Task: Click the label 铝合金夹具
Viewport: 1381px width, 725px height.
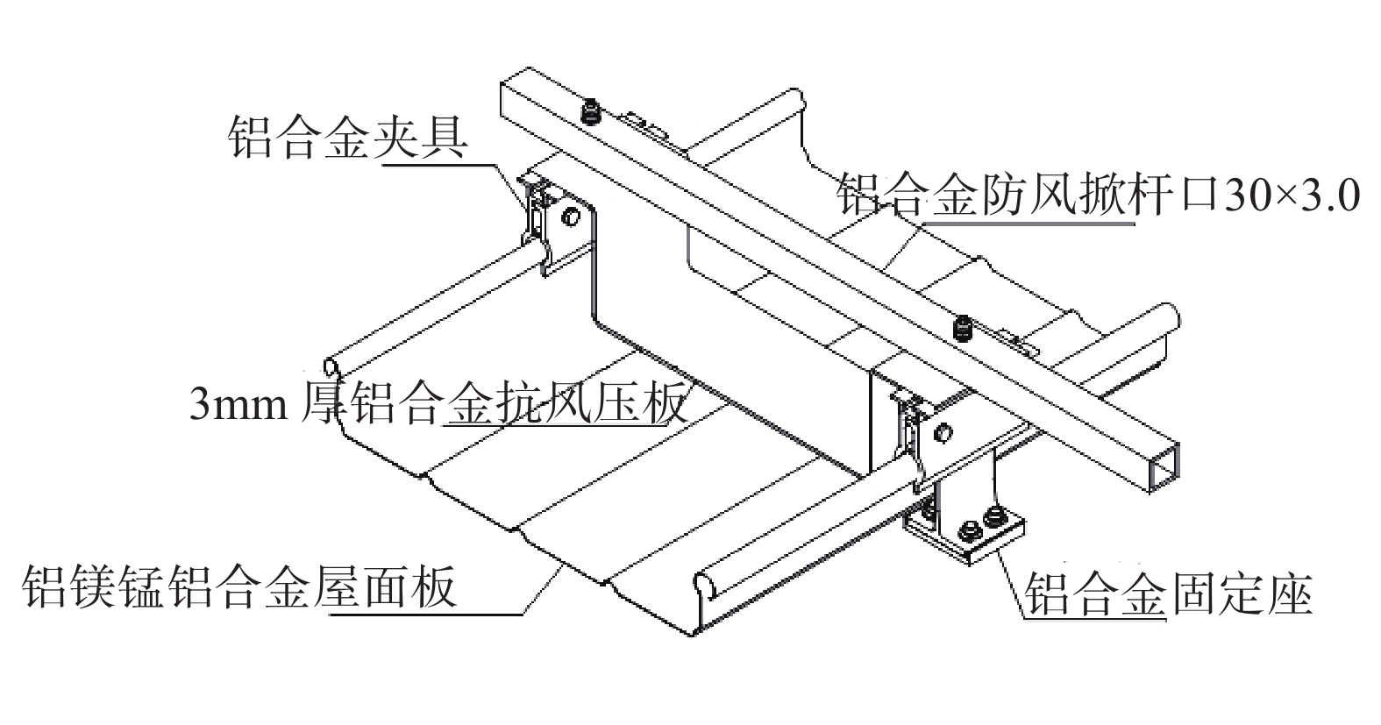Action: pos(347,138)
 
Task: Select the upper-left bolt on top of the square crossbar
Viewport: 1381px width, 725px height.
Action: pos(591,111)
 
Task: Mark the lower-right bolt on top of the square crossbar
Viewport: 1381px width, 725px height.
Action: pos(963,329)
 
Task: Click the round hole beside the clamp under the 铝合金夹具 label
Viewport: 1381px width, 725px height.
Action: pos(571,216)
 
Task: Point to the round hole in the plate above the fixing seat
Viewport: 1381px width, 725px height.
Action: pos(943,431)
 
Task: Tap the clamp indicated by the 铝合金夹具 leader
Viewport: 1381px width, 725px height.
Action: pos(535,210)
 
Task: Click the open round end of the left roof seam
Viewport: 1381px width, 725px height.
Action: pos(331,363)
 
